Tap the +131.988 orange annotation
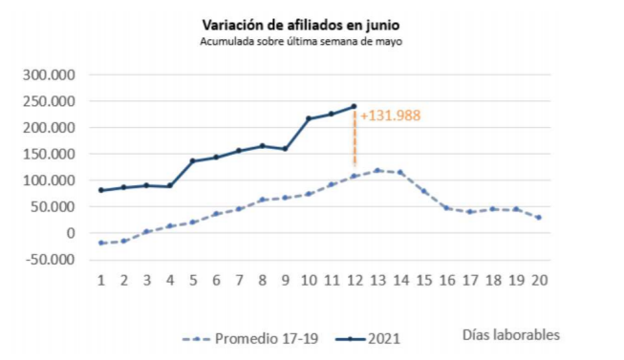[391, 116]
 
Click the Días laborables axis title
[511, 334]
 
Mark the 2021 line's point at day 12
[355, 106]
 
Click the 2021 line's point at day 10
[309, 118]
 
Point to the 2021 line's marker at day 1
[101, 190]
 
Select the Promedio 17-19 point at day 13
[377, 170]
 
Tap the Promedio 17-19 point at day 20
[540, 218]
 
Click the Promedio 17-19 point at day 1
[101, 243]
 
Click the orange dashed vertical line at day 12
[355, 139]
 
